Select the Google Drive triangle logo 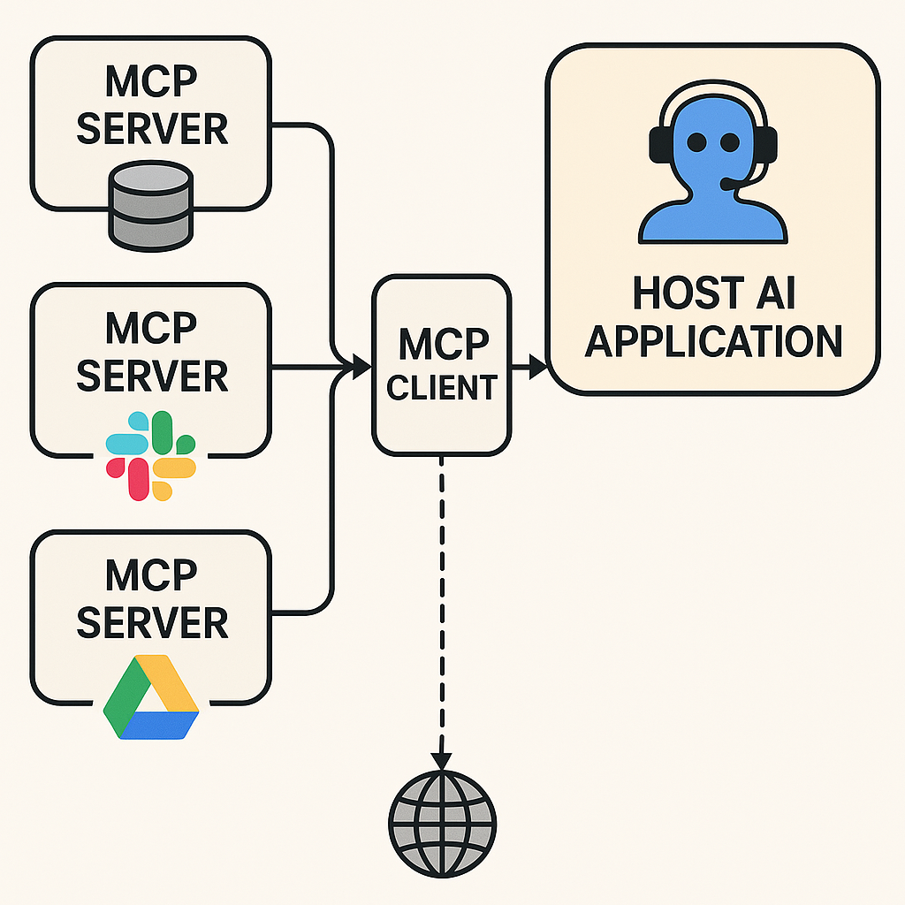pos(151,697)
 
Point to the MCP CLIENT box pos(441,365)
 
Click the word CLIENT pos(441,387)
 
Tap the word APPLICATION pos(713,342)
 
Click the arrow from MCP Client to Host pos(529,365)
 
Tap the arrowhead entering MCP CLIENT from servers pos(360,365)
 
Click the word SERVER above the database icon pos(152,129)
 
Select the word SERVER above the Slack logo pos(152,376)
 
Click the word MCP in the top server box pos(151,84)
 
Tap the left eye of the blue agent pos(696,141)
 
